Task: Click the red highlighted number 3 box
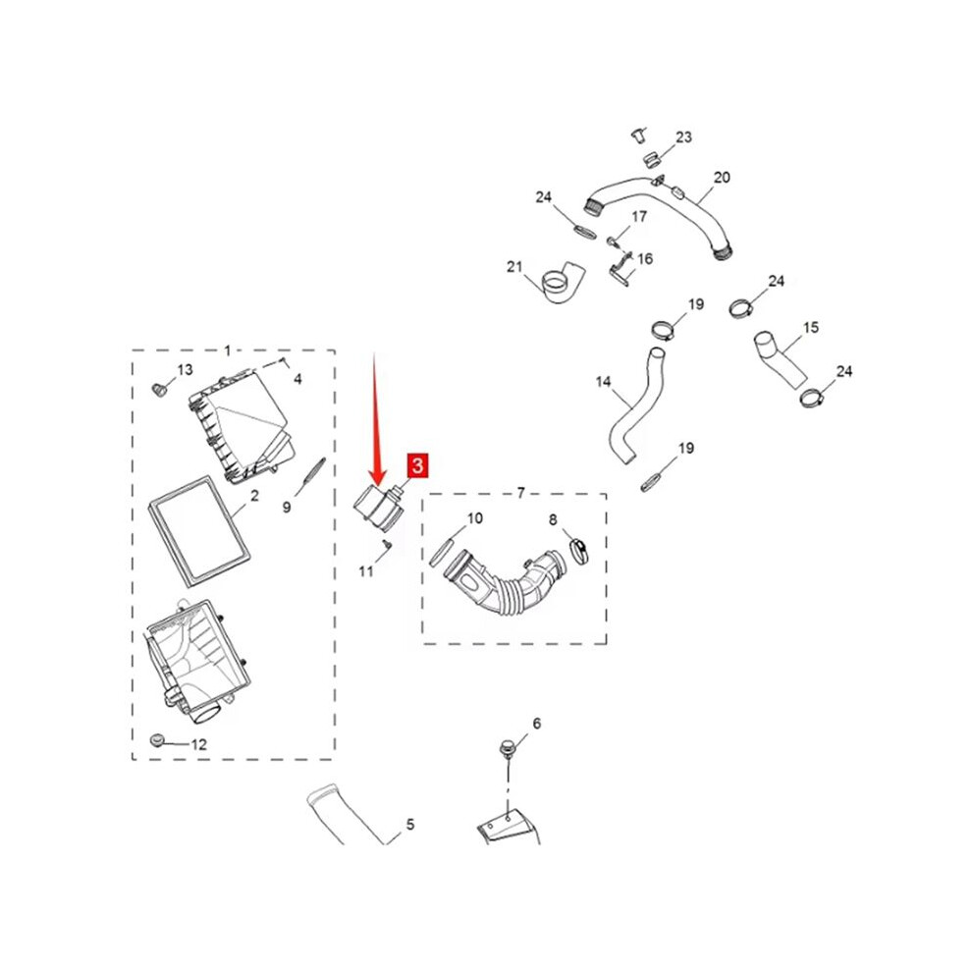point(417,465)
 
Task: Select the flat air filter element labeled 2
point(199,531)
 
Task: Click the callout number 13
point(186,370)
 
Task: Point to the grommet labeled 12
point(158,739)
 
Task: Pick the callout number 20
point(723,178)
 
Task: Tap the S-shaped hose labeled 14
point(635,407)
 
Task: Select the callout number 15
point(811,327)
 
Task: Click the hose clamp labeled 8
point(578,551)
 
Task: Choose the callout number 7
point(520,493)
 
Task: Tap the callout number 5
point(410,825)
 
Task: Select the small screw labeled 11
point(386,544)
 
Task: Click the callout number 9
point(287,507)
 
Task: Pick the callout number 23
point(683,137)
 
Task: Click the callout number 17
point(639,216)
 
